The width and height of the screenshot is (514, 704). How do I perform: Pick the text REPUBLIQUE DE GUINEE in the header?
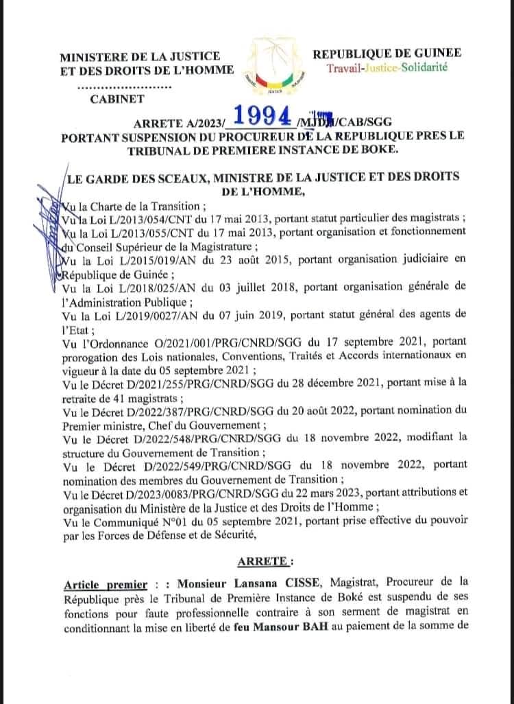pyautogui.click(x=387, y=54)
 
